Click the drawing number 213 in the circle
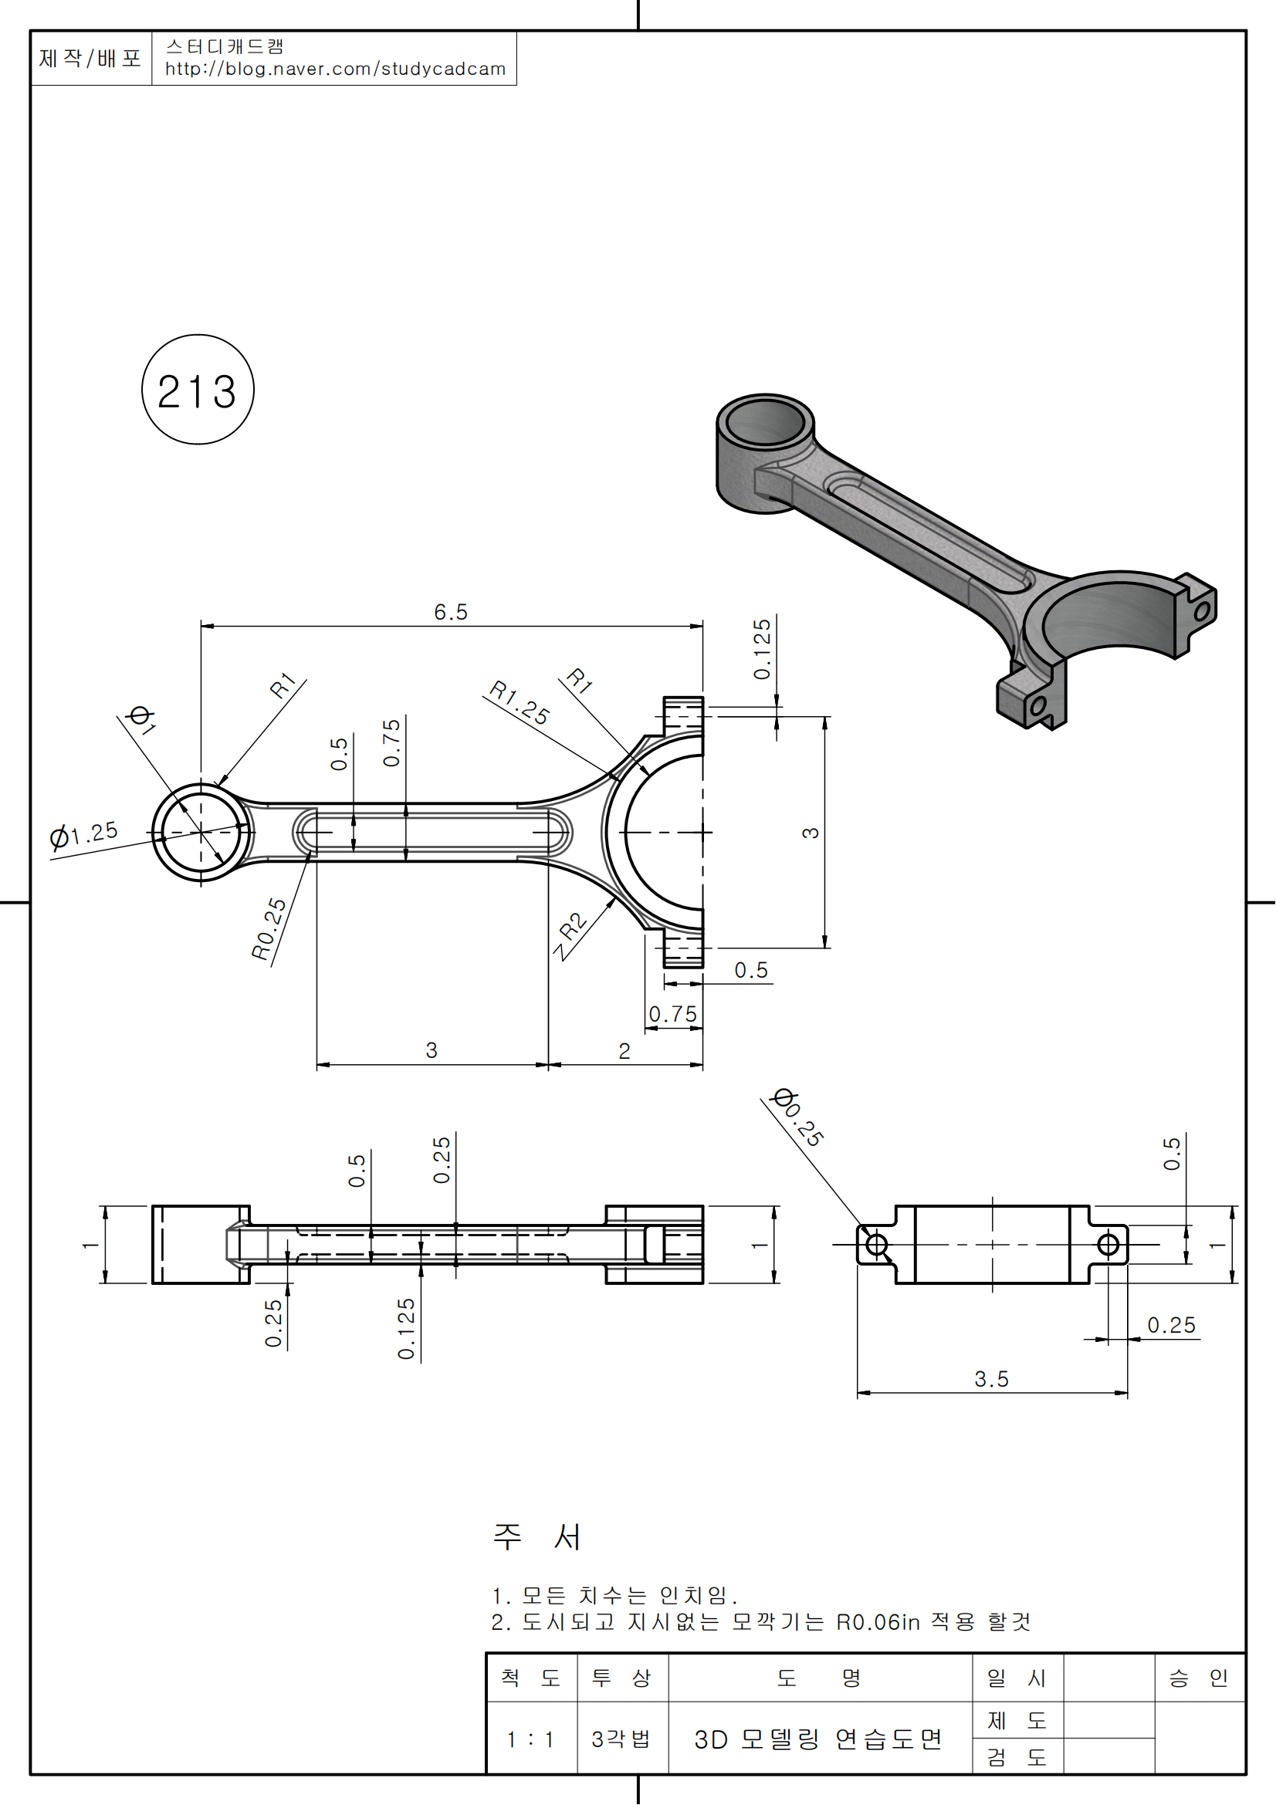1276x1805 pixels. point(198,391)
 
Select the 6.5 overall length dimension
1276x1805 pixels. point(451,612)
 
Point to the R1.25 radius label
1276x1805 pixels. point(519,702)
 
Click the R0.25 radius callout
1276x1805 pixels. point(269,929)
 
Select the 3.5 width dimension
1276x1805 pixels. point(990,1379)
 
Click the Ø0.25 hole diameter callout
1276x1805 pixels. point(798,1117)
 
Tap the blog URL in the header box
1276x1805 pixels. point(335,69)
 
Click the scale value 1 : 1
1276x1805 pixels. point(530,1739)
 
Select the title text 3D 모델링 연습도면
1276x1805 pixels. point(817,1739)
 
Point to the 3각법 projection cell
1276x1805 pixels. point(621,1739)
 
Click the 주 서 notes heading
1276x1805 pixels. point(537,1537)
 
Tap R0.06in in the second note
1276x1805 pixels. point(878,1623)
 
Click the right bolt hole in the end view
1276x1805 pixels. point(1108,1246)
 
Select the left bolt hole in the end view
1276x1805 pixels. point(877,1246)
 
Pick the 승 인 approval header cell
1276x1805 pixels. point(1198,1678)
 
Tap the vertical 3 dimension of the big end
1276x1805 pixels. point(811,833)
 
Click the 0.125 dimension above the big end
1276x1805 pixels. point(762,649)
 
